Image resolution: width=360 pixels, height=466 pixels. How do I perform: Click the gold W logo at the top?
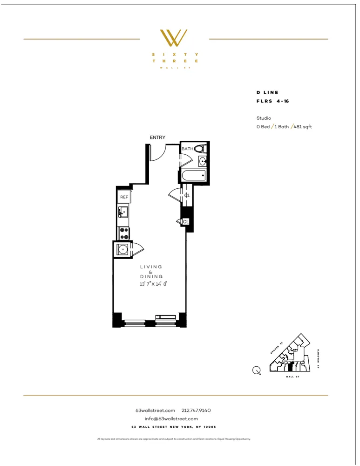(174, 38)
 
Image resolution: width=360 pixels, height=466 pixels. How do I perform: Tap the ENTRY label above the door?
(157, 137)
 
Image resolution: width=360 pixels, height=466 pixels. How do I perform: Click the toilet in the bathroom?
(200, 149)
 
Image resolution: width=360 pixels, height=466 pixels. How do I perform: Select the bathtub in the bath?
(193, 176)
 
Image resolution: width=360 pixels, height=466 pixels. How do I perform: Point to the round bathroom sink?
(203, 162)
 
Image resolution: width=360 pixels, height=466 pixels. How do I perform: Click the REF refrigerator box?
(124, 197)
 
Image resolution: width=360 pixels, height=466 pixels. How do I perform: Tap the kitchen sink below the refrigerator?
(123, 213)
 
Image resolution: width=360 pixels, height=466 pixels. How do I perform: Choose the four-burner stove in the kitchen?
(124, 233)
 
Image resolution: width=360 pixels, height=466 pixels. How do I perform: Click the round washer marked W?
(123, 249)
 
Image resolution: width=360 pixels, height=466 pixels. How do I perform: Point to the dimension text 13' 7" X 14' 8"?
(153, 284)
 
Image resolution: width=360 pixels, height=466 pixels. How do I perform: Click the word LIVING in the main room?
(151, 267)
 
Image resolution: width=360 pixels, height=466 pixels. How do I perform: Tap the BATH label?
(187, 149)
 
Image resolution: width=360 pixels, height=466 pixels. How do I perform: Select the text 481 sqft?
(303, 127)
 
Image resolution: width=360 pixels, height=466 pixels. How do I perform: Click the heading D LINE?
(267, 93)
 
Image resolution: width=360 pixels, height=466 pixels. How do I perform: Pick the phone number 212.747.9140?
(196, 411)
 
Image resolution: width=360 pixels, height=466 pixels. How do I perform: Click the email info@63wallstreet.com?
(174, 419)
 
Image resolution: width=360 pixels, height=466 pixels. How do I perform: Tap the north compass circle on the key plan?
(256, 370)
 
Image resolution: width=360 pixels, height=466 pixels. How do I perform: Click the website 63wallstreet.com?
(155, 411)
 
